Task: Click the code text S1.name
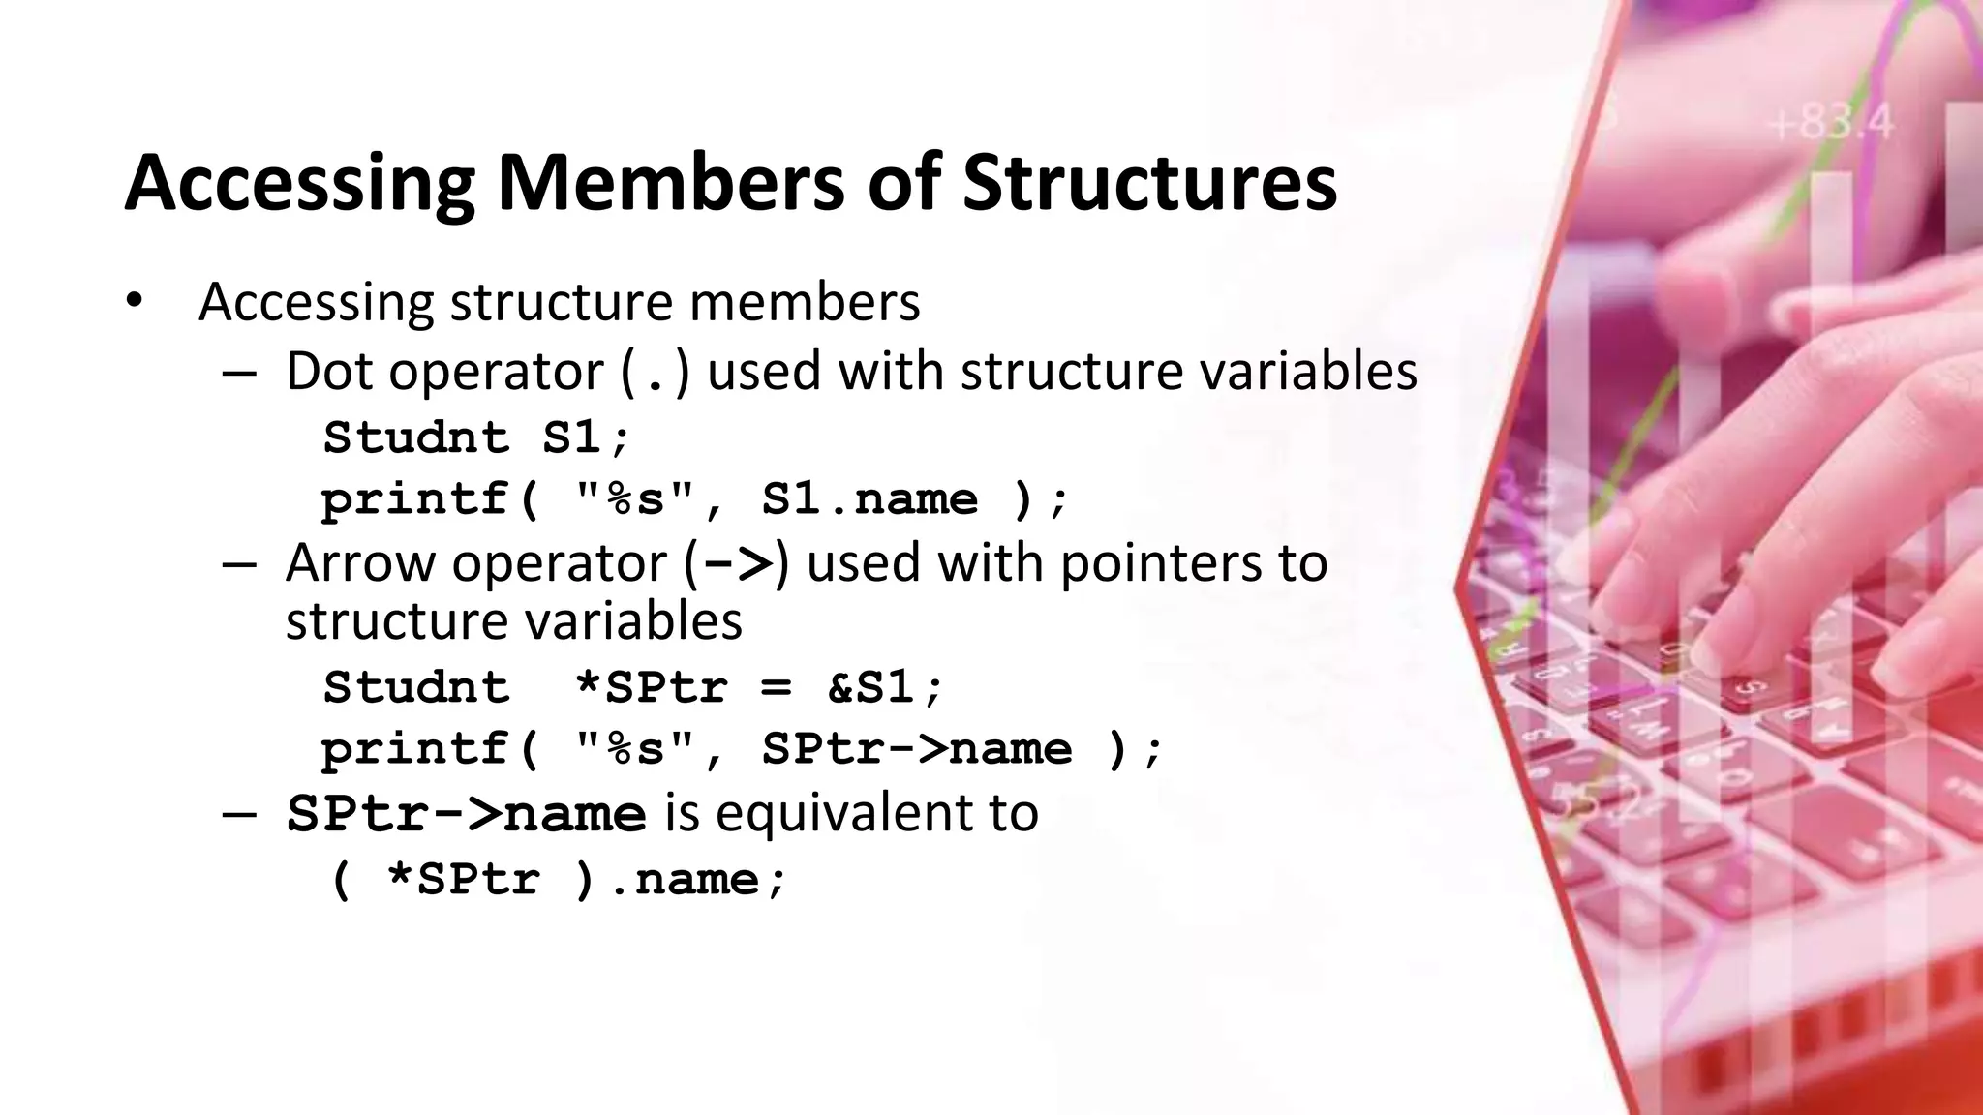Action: point(869,499)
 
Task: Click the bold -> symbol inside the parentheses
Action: point(738,563)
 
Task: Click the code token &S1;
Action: point(885,687)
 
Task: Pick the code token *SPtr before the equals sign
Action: point(650,687)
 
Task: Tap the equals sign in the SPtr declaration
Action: point(776,688)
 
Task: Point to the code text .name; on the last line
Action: point(697,880)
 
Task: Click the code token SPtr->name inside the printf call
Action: point(916,749)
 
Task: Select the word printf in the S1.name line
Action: point(415,499)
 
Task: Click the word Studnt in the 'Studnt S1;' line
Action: point(415,437)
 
